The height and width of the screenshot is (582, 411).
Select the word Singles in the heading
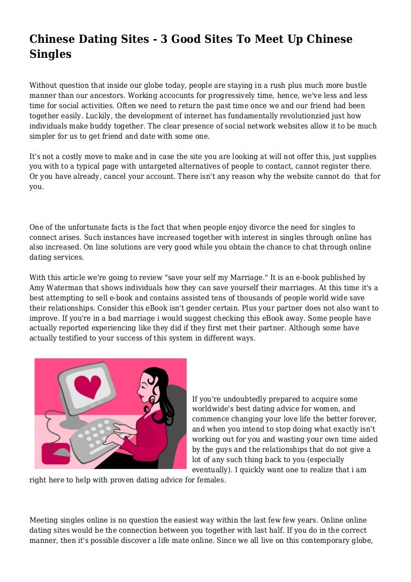tap(50, 54)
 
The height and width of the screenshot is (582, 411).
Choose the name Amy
tap(37, 288)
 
